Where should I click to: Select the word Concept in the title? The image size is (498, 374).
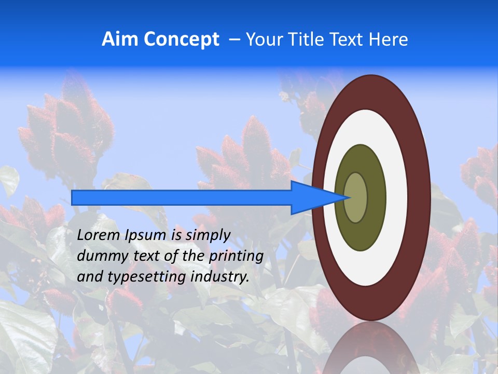coord(181,39)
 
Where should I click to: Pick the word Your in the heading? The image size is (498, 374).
coord(264,39)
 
